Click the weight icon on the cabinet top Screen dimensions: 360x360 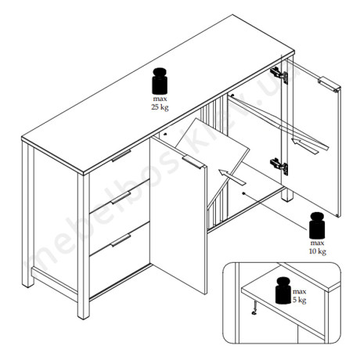160,81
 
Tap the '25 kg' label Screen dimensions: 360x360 160,107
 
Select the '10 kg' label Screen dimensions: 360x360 318,251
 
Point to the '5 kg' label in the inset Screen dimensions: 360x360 300,300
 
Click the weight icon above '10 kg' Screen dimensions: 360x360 317,225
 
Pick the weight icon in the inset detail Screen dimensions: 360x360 283,290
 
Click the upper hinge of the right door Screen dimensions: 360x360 279,75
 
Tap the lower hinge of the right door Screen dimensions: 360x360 279,166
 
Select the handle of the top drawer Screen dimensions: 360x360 121,156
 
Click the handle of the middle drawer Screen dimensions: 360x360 121,198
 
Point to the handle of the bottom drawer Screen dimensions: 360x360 121,240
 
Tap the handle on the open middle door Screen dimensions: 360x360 193,162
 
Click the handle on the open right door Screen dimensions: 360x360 329,85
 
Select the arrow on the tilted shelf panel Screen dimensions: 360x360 232,178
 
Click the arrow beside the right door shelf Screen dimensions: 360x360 304,146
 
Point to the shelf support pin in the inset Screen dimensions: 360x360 254,308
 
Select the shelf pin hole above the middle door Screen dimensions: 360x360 165,135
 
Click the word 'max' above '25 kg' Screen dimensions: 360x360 160,99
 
